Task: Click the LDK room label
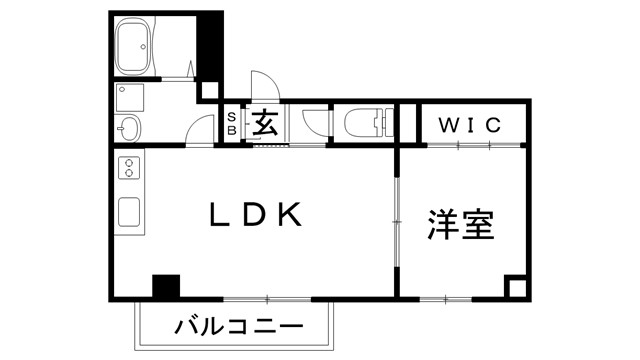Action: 254,216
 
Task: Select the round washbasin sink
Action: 127,128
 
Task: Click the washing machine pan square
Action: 130,97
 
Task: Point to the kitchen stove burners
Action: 130,170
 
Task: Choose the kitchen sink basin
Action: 130,212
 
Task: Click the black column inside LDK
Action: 165,285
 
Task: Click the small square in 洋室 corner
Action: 515,287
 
